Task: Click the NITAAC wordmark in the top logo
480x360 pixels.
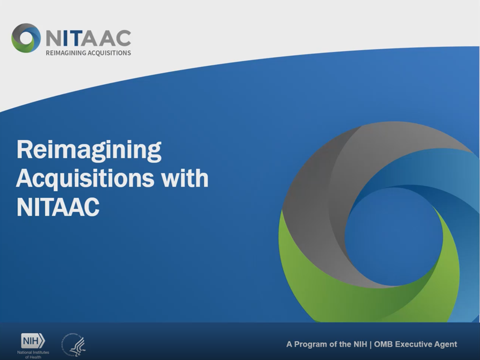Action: pos(88,37)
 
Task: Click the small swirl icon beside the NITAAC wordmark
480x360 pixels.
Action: pos(26,38)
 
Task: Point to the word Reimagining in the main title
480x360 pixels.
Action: pos(89,150)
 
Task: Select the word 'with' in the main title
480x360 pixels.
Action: pos(185,179)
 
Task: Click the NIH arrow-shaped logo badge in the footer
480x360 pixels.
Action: pos(33,340)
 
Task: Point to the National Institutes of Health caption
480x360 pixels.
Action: pos(33,354)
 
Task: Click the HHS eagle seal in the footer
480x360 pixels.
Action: pos(74,345)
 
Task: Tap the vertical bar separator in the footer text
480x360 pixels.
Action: pos(371,344)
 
